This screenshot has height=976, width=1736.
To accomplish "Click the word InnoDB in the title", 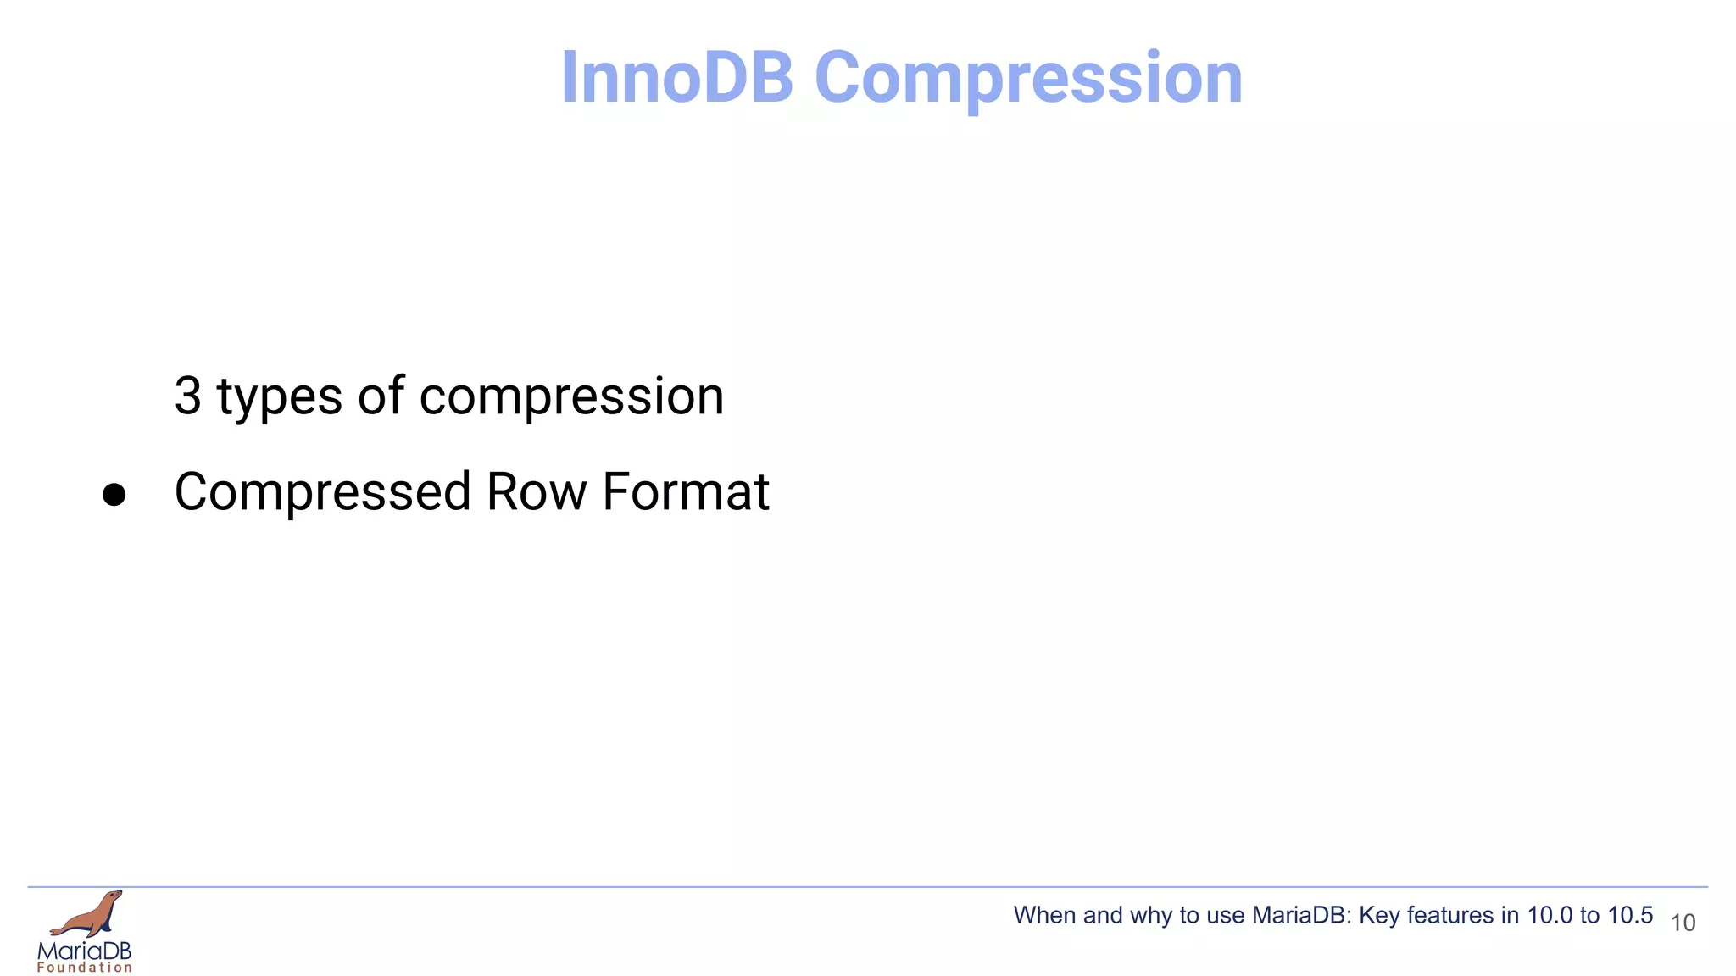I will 676,78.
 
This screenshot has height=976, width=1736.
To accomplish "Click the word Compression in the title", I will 1027,78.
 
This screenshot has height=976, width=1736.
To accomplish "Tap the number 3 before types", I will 187,396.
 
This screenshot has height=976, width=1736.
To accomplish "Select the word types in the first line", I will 280,397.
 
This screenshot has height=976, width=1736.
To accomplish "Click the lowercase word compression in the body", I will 571,397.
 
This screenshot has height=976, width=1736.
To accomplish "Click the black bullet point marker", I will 114,495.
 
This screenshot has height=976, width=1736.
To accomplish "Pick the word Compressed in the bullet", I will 322,492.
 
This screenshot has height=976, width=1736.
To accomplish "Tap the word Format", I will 685,492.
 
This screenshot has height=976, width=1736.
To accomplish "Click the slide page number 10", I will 1683,923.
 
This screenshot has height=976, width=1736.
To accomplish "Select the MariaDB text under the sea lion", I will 85,951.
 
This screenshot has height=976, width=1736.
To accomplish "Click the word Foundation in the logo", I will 85,968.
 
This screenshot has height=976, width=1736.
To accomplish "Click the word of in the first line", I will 381,396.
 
